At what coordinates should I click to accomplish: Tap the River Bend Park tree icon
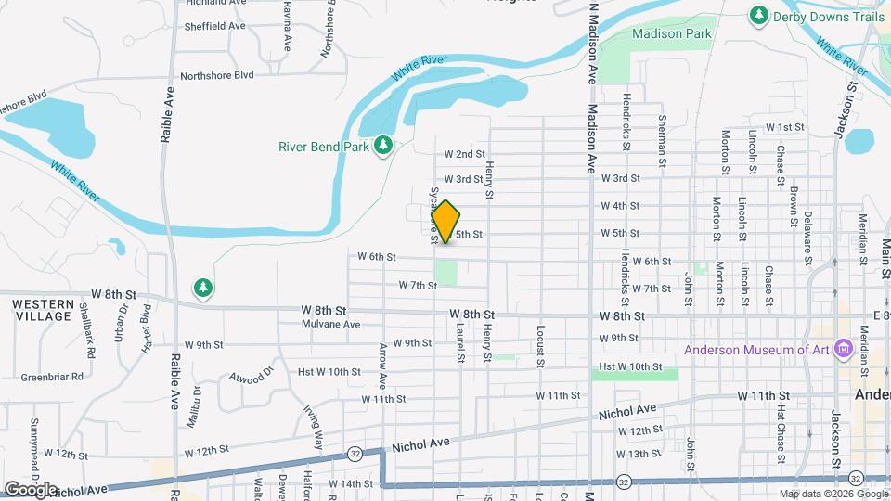[x=382, y=146]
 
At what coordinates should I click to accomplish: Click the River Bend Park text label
[x=324, y=146]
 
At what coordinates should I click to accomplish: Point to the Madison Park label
[x=671, y=33]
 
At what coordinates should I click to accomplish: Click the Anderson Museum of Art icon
[x=844, y=350]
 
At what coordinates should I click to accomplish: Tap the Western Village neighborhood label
[x=43, y=310]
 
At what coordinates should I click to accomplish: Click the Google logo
[x=31, y=489]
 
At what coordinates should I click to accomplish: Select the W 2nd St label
[x=464, y=154]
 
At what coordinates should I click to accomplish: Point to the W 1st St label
[x=784, y=127]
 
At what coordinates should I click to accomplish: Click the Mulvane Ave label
[x=330, y=325]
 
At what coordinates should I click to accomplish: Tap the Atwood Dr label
[x=253, y=378]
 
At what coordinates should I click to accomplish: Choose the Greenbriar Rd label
[x=52, y=377]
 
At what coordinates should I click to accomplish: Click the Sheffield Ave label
[x=214, y=26]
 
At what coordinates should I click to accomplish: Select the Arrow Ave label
[x=383, y=362]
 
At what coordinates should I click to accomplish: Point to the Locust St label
[x=539, y=345]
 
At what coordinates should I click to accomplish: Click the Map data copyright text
[x=832, y=493]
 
